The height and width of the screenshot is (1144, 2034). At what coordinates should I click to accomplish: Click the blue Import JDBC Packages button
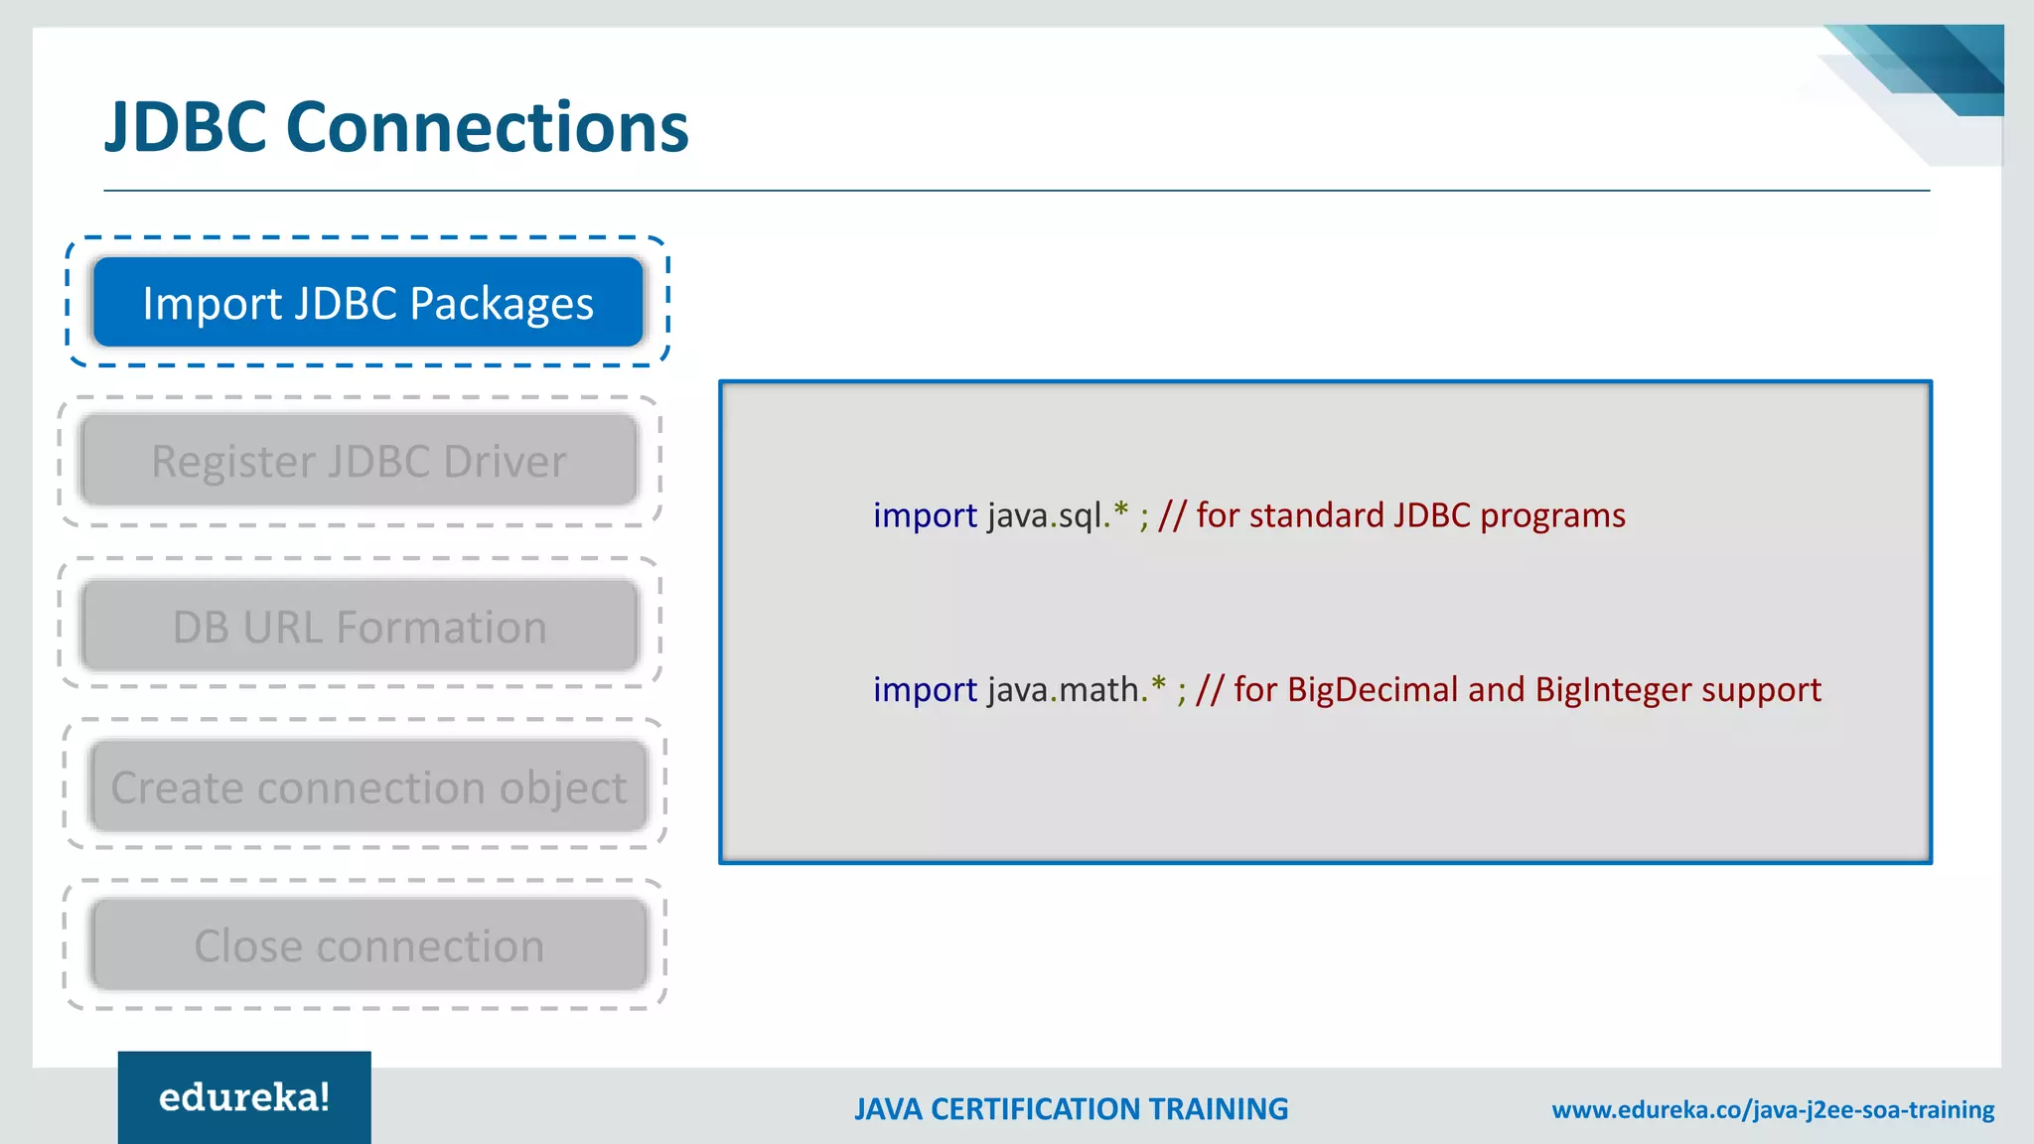[x=368, y=302]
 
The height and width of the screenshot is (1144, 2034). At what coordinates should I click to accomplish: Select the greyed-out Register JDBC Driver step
[x=359, y=461]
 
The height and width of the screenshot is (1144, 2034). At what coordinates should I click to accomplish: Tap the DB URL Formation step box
[x=359, y=627]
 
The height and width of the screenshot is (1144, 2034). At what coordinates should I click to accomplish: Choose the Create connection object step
[x=368, y=786]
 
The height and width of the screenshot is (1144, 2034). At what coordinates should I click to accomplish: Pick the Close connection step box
[x=368, y=944]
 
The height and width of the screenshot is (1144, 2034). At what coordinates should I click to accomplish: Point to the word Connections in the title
[x=487, y=128]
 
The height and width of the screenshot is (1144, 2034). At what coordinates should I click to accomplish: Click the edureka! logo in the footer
[x=244, y=1097]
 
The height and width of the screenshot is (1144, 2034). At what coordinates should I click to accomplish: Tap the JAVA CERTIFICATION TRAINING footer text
[x=1071, y=1109]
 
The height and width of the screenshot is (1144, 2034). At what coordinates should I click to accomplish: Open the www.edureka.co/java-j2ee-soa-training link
[x=1773, y=1109]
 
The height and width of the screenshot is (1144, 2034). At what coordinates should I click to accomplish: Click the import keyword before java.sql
[x=925, y=515]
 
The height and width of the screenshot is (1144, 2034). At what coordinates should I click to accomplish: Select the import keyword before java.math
[x=925, y=689]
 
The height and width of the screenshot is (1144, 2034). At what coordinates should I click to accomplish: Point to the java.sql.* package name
[x=1057, y=515]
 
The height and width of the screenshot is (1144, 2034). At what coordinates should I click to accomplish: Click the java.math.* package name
[x=1076, y=689]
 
